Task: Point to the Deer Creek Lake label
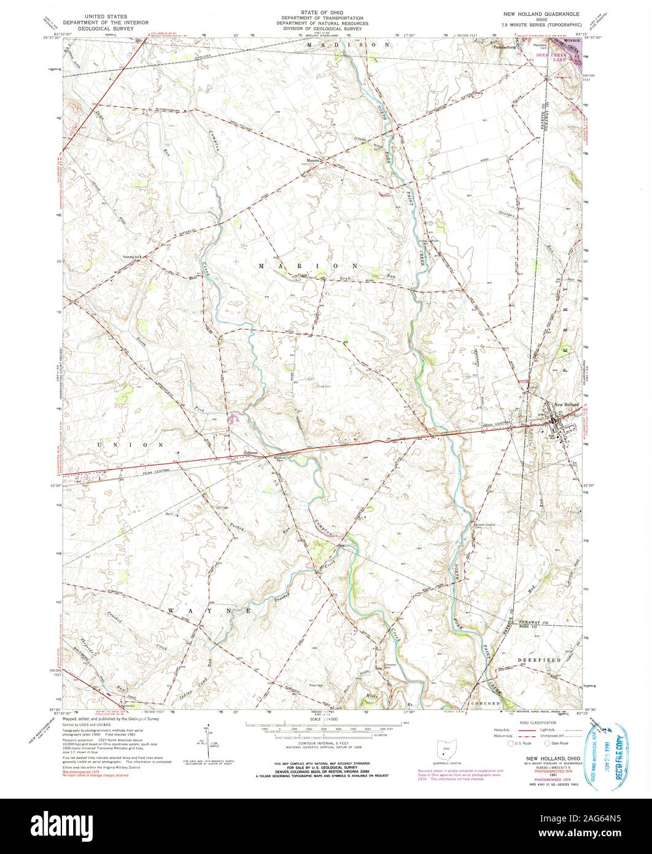coord(551,55)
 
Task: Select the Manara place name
coord(313,162)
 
